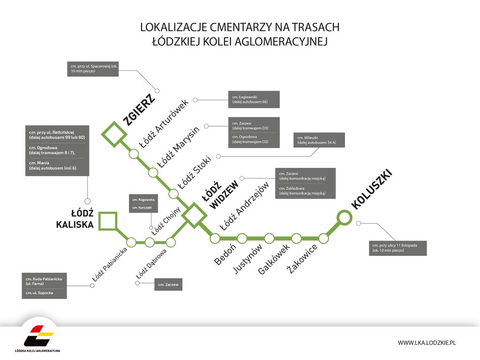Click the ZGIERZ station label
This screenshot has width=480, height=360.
point(139,110)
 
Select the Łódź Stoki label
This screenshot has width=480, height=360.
point(195,172)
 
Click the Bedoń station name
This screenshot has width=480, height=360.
point(225,254)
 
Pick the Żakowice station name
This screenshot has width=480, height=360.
point(301,259)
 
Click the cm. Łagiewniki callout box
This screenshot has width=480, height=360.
point(254,99)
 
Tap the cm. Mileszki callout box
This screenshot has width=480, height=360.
point(319,140)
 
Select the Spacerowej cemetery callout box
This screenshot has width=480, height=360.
point(93,69)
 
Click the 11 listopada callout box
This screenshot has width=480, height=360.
point(397,248)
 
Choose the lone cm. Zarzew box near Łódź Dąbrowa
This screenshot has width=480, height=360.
point(168,285)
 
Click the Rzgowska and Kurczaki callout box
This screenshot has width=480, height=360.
point(143,203)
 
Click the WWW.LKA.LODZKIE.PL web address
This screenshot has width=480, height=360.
point(427,343)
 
